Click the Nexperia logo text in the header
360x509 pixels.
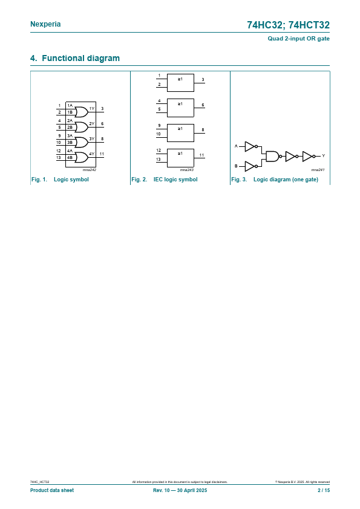pyautogui.click(x=45, y=24)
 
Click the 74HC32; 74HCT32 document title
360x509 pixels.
pyautogui.click(x=288, y=25)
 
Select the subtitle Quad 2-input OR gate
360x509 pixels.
pyautogui.click(x=299, y=39)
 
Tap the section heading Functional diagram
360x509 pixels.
pyautogui.click(x=81, y=58)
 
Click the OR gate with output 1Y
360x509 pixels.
pyautogui.click(x=82, y=112)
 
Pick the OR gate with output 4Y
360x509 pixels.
pyautogui.click(x=82, y=157)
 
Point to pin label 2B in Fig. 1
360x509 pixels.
pyautogui.click(x=70, y=127)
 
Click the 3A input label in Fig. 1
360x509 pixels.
pyautogui.click(x=70, y=135)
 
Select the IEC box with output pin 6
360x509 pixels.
pyautogui.click(x=180, y=108)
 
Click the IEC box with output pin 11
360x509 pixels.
pyautogui.click(x=180, y=158)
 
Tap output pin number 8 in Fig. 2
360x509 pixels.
pyautogui.click(x=203, y=130)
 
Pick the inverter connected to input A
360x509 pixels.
pyautogui.click(x=250, y=146)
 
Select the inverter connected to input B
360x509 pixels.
pyautogui.click(x=250, y=166)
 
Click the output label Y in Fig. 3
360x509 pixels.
pyautogui.click(x=323, y=156)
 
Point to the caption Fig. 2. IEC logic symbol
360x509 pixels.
pyautogui.click(x=165, y=180)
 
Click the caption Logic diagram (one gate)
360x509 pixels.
pyautogui.click(x=286, y=180)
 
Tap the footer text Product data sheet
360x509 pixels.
pyautogui.click(x=52, y=490)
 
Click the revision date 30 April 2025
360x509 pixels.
pyautogui.click(x=192, y=490)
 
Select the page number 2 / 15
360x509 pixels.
pyautogui.click(x=324, y=490)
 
